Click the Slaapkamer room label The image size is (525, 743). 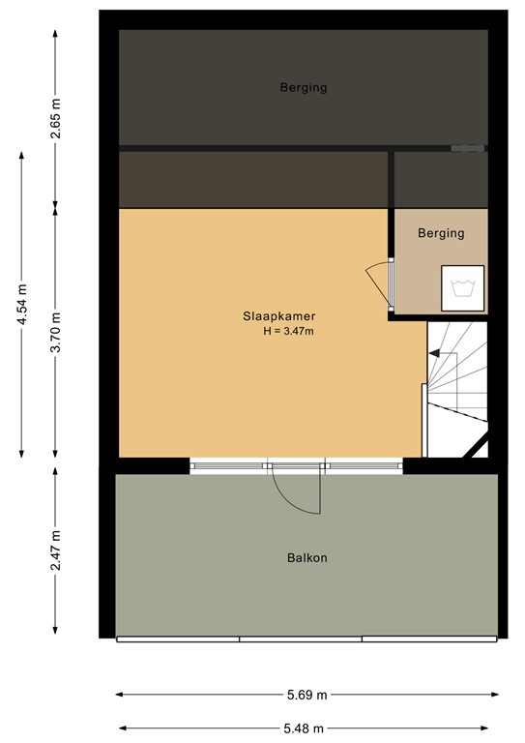click(279, 315)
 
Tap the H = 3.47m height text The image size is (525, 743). click(289, 332)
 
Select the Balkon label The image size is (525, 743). click(306, 558)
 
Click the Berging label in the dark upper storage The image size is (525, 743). click(304, 88)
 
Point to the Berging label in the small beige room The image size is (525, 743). click(441, 233)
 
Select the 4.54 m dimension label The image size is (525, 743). click(22, 306)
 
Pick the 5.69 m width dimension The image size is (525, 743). click(307, 695)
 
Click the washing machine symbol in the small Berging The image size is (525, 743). click(462, 286)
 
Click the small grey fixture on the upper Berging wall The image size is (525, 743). click(468, 149)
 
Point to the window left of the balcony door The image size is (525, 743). click(229, 466)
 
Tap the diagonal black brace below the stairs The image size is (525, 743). click(475, 446)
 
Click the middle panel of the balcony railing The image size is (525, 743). click(301, 639)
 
